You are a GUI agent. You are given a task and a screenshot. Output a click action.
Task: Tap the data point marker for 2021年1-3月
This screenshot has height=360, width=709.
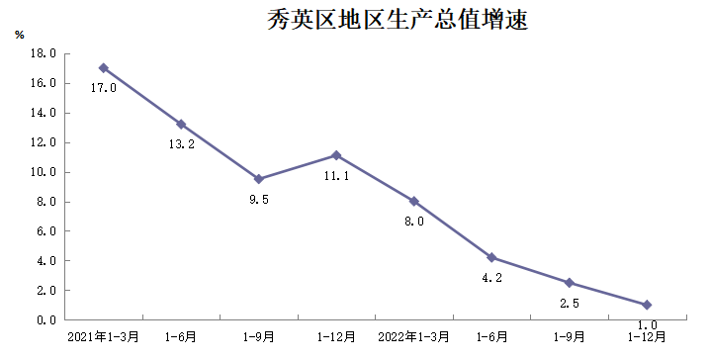(x=103, y=68)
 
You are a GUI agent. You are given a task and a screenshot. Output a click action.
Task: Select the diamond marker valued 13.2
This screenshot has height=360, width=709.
(x=181, y=125)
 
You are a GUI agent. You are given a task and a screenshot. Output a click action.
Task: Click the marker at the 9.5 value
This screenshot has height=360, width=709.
(x=259, y=179)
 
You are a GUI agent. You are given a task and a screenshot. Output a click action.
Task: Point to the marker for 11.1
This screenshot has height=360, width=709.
(x=336, y=155)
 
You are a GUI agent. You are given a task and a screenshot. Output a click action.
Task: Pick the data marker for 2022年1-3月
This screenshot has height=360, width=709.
(x=414, y=201)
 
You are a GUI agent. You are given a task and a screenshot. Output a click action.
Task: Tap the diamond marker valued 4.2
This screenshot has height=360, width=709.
(x=491, y=257)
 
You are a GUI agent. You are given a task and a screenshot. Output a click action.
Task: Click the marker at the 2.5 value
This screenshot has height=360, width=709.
(x=570, y=283)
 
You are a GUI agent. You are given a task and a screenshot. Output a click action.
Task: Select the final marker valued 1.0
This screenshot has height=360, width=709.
(x=647, y=305)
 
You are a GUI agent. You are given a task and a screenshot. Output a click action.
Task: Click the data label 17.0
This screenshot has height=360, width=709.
(x=104, y=88)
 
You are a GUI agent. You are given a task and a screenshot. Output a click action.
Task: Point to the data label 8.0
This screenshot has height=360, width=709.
(x=414, y=222)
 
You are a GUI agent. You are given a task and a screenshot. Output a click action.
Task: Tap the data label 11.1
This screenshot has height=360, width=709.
(x=337, y=176)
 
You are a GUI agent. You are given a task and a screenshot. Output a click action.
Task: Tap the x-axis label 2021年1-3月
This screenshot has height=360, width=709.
(x=103, y=338)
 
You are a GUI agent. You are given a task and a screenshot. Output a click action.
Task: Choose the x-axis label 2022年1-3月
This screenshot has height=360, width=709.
(x=413, y=338)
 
